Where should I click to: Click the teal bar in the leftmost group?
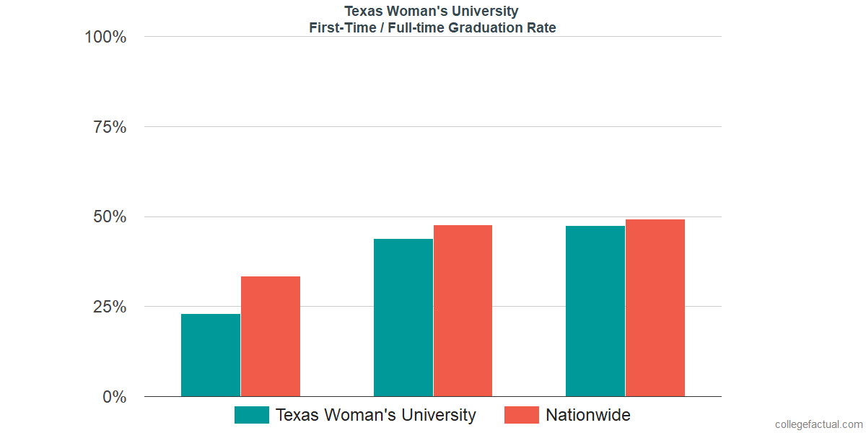click(x=211, y=355)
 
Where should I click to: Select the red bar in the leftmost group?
click(x=271, y=336)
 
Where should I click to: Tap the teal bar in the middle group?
click(x=403, y=318)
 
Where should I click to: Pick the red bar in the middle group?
click(x=463, y=310)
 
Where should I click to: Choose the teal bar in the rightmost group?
click(x=595, y=311)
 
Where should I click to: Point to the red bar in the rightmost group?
click(x=655, y=307)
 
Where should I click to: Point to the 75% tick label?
click(x=110, y=127)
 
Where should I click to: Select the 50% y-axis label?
click(x=110, y=217)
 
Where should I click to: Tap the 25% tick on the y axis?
click(x=110, y=307)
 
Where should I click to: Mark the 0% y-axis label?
click(x=114, y=397)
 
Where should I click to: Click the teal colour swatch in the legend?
click(x=252, y=415)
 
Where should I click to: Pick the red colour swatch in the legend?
click(x=521, y=415)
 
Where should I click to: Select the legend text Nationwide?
click(x=588, y=415)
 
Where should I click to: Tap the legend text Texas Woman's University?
click(x=375, y=415)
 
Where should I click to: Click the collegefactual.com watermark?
click(x=818, y=424)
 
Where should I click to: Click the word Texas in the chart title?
click(x=362, y=11)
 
